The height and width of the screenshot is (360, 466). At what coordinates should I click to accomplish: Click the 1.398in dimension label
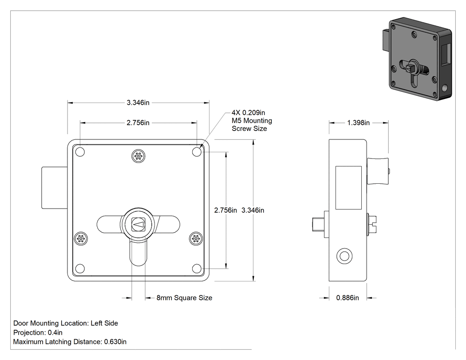[359, 123]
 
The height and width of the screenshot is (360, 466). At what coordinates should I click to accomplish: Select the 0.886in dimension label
[348, 297]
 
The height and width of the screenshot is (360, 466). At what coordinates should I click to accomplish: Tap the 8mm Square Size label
[184, 298]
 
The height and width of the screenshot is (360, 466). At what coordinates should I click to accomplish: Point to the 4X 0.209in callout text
[249, 113]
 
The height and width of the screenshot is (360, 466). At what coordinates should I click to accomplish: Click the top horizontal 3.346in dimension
[138, 103]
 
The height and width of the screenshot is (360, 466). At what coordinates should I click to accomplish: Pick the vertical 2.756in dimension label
[225, 210]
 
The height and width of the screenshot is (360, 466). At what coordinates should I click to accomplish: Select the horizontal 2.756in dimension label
[138, 123]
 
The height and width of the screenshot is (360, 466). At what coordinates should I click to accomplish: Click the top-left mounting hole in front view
[80, 152]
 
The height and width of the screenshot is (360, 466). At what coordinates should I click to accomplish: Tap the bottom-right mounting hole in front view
[197, 269]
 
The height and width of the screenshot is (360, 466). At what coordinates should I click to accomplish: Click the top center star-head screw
[138, 156]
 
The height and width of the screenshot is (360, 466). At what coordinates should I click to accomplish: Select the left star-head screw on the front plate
[80, 238]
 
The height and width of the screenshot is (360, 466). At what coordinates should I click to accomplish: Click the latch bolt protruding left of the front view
[55, 187]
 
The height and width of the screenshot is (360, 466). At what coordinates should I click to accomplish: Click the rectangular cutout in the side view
[348, 188]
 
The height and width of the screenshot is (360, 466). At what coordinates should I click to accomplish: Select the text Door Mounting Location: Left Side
[66, 323]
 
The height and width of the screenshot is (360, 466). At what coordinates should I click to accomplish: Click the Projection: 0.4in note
[38, 332]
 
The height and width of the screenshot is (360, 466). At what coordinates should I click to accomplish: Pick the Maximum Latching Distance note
[70, 342]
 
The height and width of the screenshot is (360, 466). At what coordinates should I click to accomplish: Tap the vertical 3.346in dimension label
[253, 210]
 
